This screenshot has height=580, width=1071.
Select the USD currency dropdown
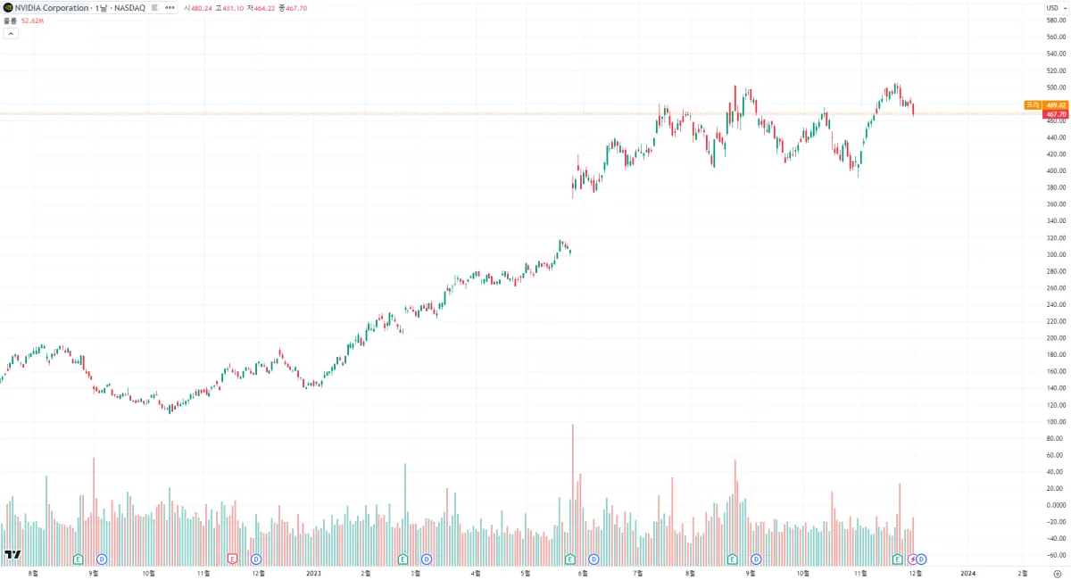click(x=1055, y=7)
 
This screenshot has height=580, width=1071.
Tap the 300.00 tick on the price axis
click(x=1057, y=254)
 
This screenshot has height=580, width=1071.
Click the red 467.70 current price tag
click(x=1056, y=114)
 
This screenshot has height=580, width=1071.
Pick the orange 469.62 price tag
click(x=1056, y=105)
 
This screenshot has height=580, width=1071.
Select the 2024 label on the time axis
click(x=967, y=573)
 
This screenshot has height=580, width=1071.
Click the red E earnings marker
click(x=233, y=559)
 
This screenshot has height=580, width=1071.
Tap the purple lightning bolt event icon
click(x=912, y=559)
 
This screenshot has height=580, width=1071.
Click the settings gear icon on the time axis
click(x=1057, y=573)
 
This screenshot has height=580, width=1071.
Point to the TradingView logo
click(x=12, y=555)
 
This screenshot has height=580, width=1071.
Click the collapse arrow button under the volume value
click(x=11, y=33)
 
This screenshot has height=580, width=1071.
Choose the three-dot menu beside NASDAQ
click(x=170, y=7)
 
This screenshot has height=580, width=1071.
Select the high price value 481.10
click(x=231, y=7)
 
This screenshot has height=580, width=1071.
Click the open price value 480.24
click(x=201, y=7)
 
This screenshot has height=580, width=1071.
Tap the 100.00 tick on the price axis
click(x=1057, y=421)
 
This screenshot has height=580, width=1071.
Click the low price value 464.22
click(x=265, y=7)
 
